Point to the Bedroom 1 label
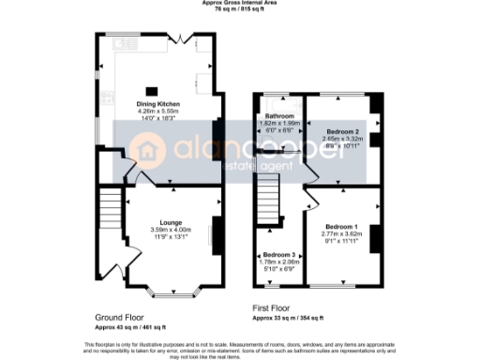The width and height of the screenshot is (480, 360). [x=341, y=228]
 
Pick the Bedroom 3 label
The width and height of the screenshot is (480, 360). [x=277, y=255]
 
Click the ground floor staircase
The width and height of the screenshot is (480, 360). [x=109, y=207]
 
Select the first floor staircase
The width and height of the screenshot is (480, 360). [x=270, y=197]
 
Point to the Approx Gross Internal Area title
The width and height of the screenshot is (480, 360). [x=240, y=3]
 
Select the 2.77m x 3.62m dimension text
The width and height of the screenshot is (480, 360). [x=341, y=235]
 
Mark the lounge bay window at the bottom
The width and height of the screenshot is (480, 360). [x=171, y=292]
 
